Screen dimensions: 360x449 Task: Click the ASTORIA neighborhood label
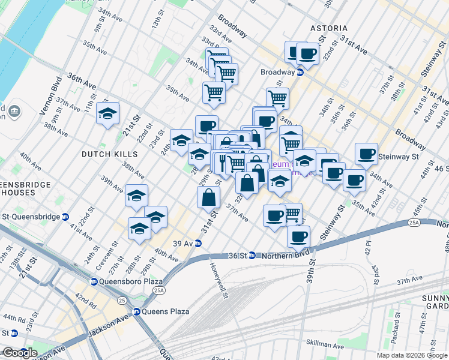(x=328, y=28)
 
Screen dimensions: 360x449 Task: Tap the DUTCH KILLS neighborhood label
(x=109, y=154)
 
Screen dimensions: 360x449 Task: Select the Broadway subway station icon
(x=299, y=72)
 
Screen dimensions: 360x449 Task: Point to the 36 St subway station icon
(x=252, y=255)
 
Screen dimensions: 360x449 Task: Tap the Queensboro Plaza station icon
(x=94, y=281)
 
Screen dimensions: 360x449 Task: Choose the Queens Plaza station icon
(x=137, y=311)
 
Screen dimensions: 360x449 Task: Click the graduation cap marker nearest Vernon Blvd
(x=107, y=113)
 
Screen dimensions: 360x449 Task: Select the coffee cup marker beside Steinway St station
(x=366, y=154)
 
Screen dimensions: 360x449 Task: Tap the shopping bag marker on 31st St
(x=208, y=197)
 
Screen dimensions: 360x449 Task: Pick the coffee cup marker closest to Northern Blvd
(x=298, y=236)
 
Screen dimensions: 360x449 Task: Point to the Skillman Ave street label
(x=325, y=346)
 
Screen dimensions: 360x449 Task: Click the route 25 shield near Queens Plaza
(x=122, y=299)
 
